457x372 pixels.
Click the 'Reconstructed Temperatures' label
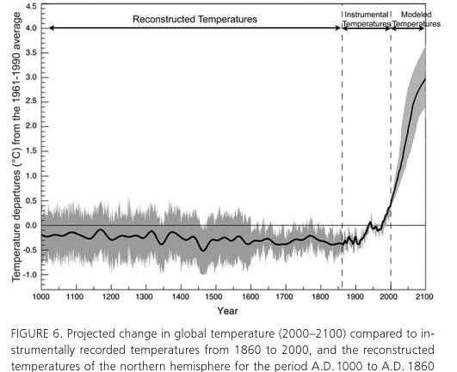(x=195, y=19)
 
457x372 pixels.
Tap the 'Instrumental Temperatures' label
(x=367, y=19)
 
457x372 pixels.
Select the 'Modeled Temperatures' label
(x=417, y=19)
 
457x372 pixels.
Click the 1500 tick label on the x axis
(x=215, y=297)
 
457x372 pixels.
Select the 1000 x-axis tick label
(x=41, y=297)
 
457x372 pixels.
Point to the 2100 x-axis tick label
(x=424, y=297)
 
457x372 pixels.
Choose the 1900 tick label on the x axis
(x=355, y=297)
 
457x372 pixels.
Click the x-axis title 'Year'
(x=227, y=311)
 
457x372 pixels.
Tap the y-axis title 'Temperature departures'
(x=15, y=226)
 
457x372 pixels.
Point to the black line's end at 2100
(x=425, y=78)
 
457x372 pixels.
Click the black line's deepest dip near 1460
(x=203, y=250)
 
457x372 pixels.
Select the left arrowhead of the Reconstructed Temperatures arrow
(x=52, y=28)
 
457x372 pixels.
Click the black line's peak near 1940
(x=370, y=223)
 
